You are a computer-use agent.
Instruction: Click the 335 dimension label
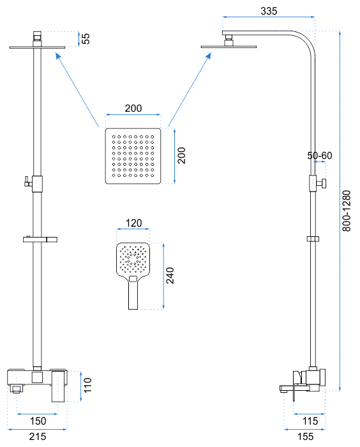pos(269,11)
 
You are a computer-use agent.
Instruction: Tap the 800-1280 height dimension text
pos(347,211)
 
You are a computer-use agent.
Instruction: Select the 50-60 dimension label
pos(320,156)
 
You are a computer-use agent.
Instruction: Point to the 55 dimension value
pos(86,39)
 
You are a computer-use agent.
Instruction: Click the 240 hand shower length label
pos(170,275)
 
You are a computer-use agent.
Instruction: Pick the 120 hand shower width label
pos(133,223)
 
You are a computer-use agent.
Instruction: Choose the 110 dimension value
pos(87,385)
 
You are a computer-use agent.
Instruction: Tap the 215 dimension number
pos(38,436)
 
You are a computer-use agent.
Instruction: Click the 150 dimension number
pos(38,421)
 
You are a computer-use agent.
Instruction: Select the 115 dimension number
pos(310,421)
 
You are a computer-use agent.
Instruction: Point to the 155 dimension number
pos(306,436)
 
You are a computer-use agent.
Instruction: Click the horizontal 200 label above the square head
pos(133,109)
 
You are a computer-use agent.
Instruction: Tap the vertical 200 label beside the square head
pos(181,155)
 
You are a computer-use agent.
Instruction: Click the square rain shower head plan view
pos(133,156)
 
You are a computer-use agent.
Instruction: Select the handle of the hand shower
pos(133,292)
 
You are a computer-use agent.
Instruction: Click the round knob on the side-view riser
pos(323,183)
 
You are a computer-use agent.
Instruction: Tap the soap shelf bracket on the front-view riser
pos(40,239)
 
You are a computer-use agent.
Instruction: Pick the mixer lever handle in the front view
pos(58,386)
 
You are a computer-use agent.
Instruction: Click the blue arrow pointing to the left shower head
pos(77,89)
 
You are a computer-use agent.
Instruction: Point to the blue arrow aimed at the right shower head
pos(190,89)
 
